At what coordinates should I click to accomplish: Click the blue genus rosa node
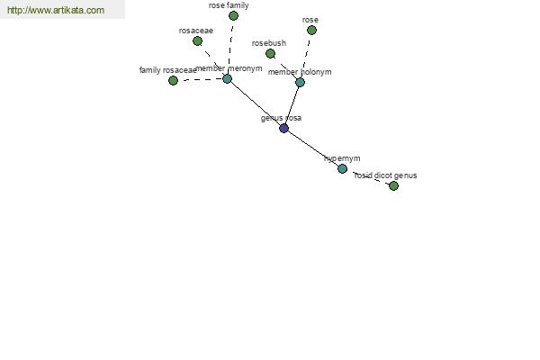(283, 128)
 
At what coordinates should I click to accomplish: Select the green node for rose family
(233, 15)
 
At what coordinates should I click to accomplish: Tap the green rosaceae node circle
(197, 41)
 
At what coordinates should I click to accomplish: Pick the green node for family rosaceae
(173, 81)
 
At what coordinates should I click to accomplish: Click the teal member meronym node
(227, 79)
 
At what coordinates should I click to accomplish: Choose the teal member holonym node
(300, 82)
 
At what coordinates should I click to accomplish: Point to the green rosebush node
(270, 53)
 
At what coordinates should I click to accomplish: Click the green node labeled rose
(311, 31)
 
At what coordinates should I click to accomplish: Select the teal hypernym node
(342, 168)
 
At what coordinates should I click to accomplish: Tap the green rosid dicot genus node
(393, 185)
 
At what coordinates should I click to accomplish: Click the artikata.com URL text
(56, 10)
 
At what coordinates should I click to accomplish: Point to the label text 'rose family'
(229, 5)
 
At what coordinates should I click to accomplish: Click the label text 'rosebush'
(269, 43)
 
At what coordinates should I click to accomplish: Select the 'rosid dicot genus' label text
(386, 175)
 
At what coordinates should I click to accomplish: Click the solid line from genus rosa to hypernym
(313, 148)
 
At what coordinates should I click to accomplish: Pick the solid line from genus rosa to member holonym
(292, 105)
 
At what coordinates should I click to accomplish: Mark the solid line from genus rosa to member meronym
(256, 103)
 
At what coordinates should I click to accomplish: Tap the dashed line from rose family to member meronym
(230, 47)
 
